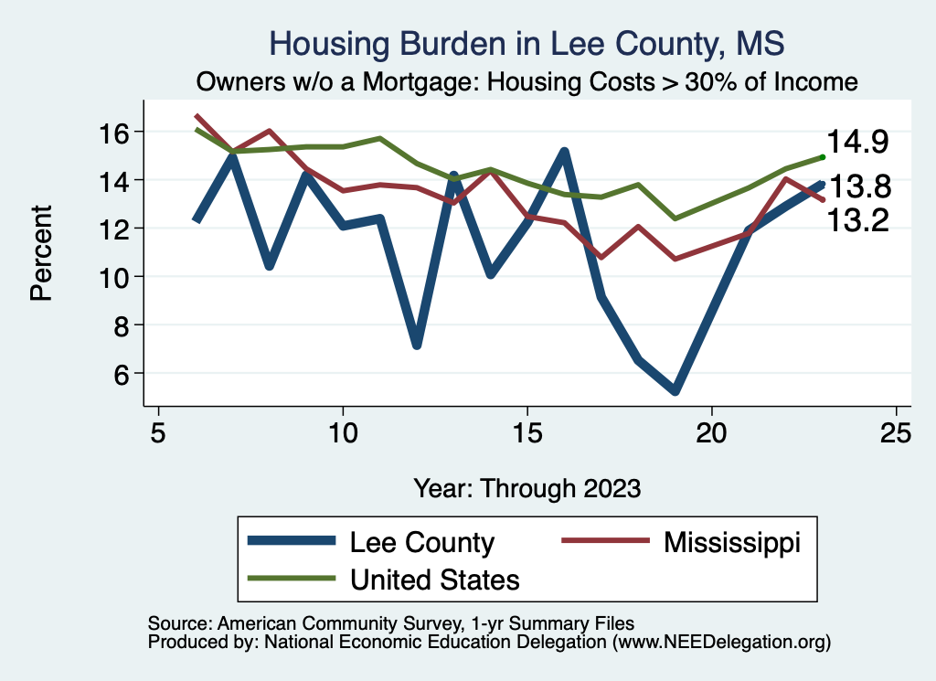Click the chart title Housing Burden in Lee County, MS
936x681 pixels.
pos(527,44)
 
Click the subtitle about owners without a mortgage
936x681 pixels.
pos(527,82)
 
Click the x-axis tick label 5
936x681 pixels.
pos(159,432)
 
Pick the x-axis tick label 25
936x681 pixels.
pos(897,432)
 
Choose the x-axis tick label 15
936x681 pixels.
pos(527,432)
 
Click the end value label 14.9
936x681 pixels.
pos(858,143)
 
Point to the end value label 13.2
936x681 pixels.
pos(858,220)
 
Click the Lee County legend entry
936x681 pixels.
pos(421,542)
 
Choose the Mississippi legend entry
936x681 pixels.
pos(731,542)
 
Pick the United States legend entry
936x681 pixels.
pos(434,579)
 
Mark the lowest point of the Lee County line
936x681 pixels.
pos(675,391)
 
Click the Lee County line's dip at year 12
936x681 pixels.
pos(417,345)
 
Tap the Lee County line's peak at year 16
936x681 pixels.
pos(565,152)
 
